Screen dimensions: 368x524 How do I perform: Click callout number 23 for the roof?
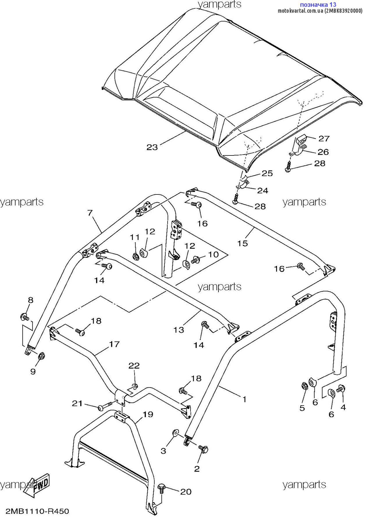pyautogui.click(x=152, y=147)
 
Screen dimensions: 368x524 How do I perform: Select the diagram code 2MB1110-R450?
pyautogui.click(x=37, y=511)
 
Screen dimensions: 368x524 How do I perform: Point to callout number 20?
pyautogui.click(x=186, y=492)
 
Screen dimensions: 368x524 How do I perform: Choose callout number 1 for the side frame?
pyautogui.click(x=245, y=399)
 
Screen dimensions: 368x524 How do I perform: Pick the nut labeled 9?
pyautogui.click(x=41, y=356)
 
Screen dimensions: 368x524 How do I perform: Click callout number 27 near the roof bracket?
pyautogui.click(x=324, y=139)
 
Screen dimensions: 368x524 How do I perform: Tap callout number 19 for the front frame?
pyautogui.click(x=148, y=414)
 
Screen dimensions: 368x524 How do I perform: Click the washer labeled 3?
pyautogui.click(x=176, y=433)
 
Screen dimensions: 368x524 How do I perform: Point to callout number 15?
pyautogui.click(x=242, y=243)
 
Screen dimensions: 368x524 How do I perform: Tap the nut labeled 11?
pyautogui.click(x=135, y=257)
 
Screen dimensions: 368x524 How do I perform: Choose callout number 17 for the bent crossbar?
pyautogui.click(x=114, y=344)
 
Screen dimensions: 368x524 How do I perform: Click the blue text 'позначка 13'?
pyautogui.click(x=318, y=5)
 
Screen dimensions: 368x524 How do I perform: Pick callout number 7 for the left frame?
pyautogui.click(x=90, y=213)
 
